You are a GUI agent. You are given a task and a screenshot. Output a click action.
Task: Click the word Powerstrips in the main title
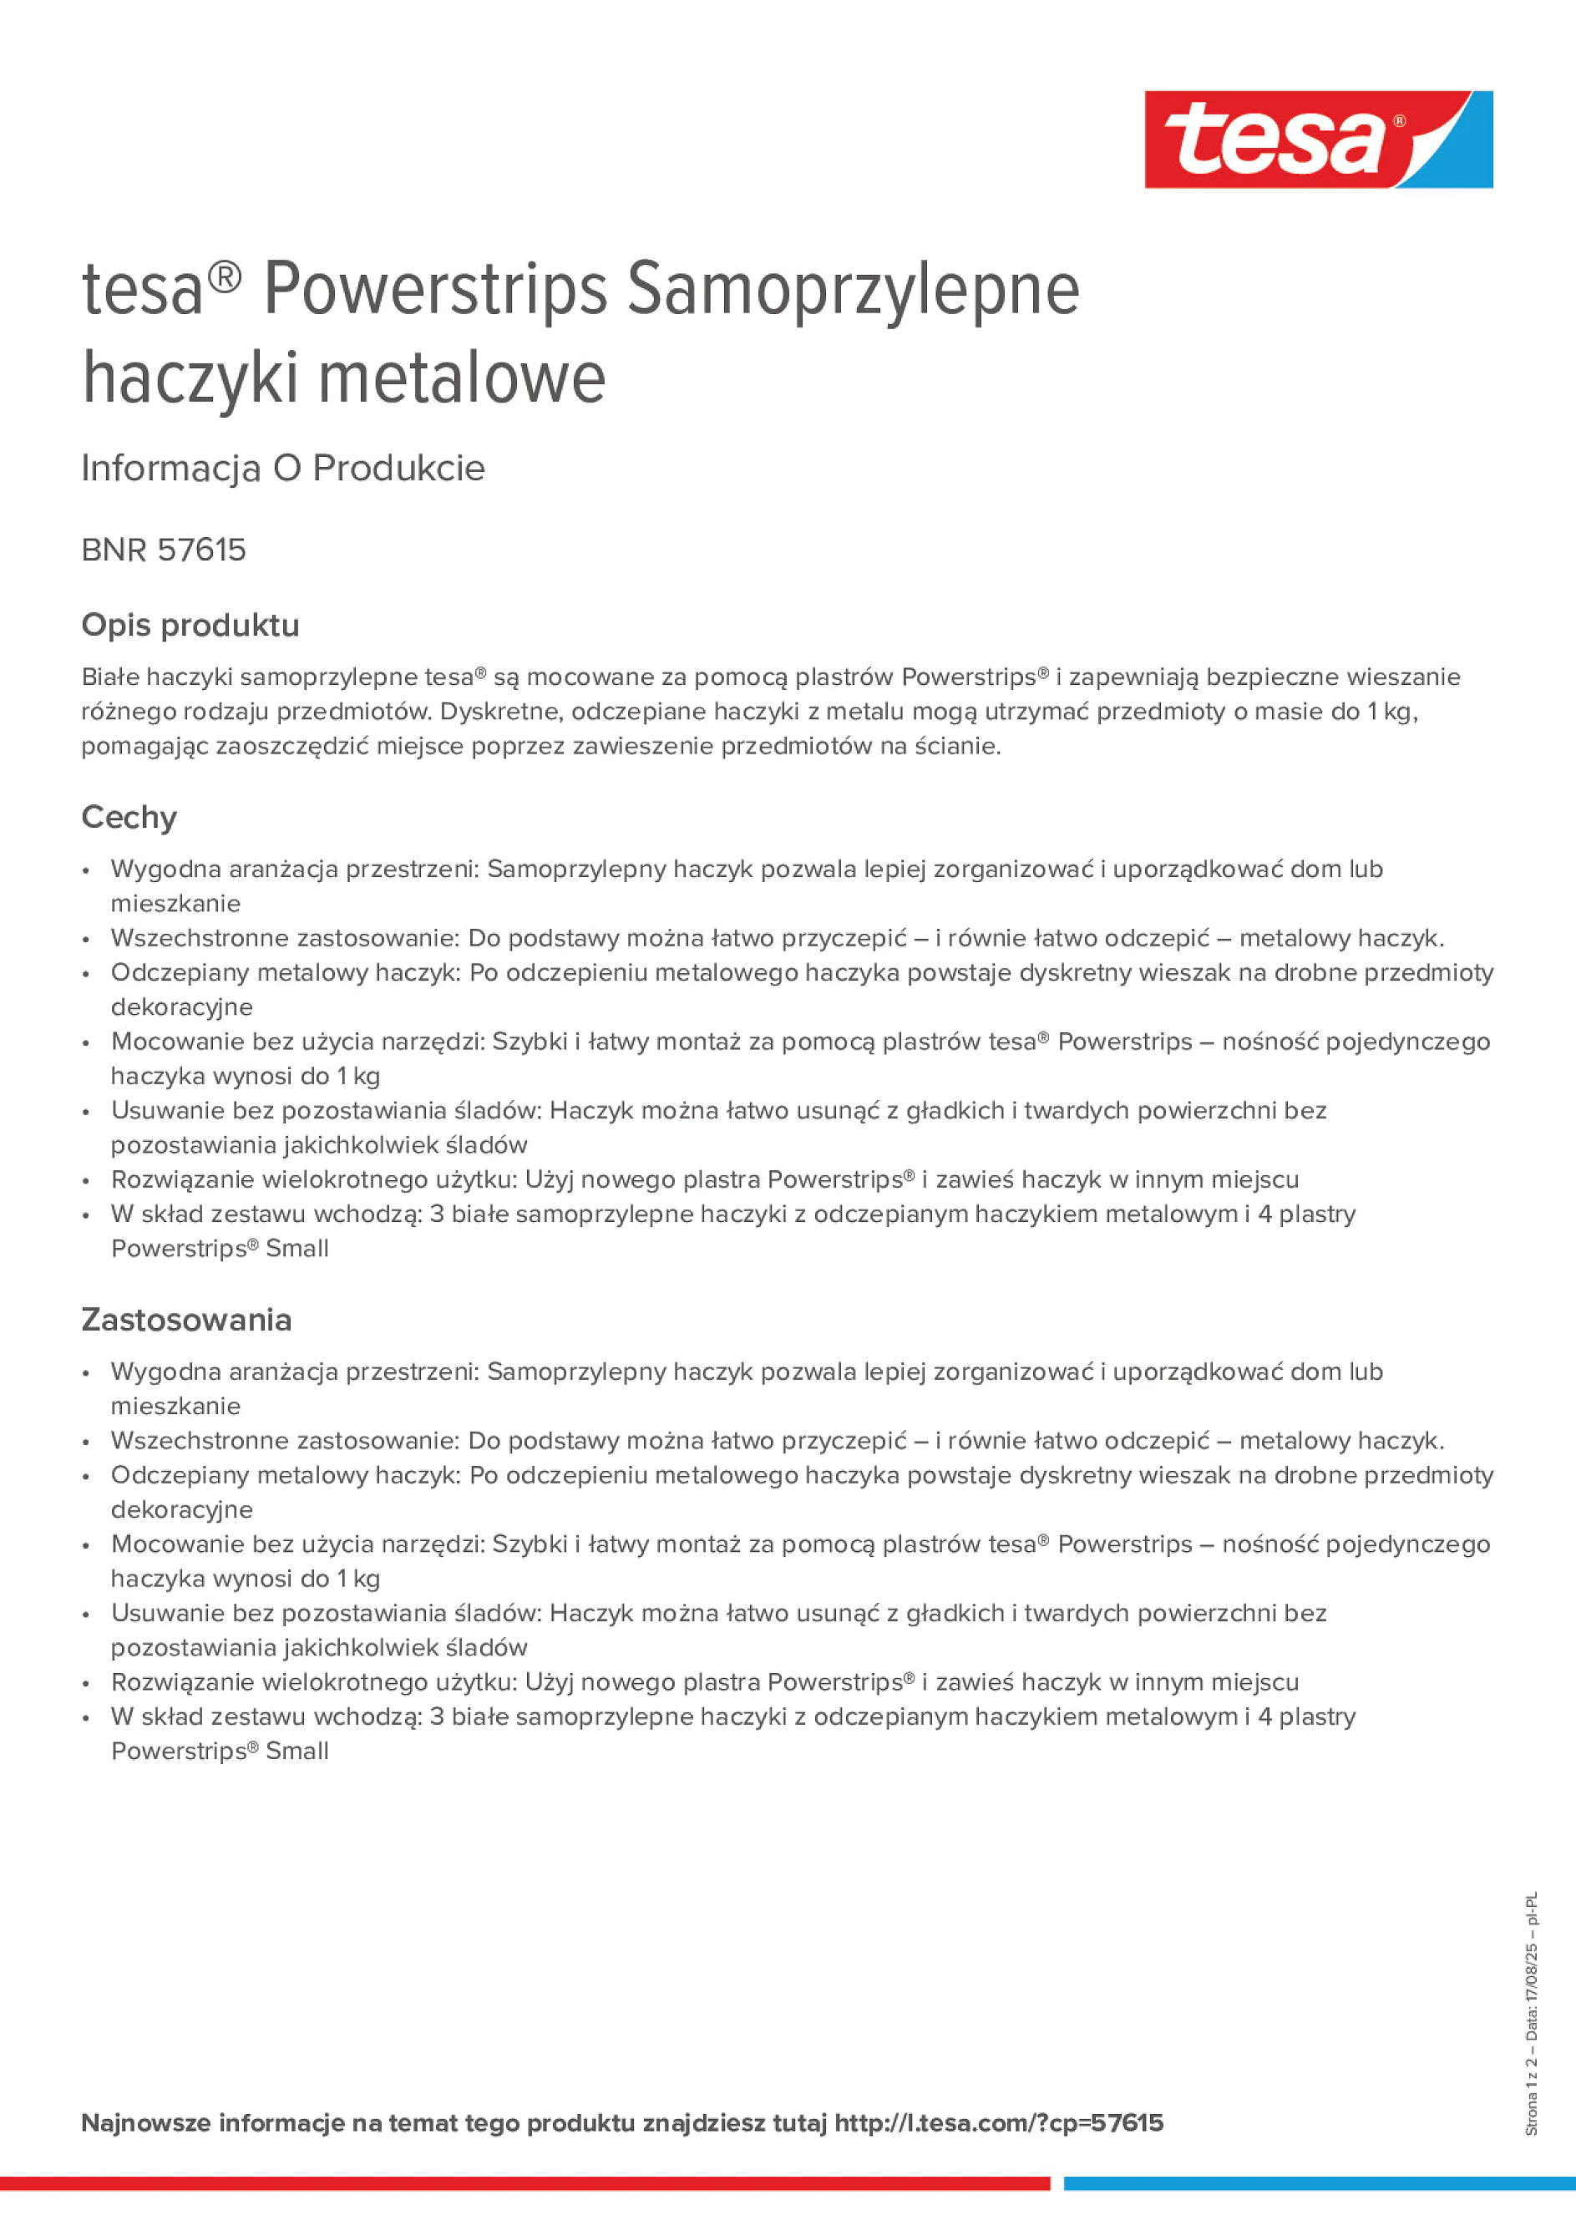click(434, 290)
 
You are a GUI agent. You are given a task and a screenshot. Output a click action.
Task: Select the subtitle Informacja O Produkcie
click(283, 469)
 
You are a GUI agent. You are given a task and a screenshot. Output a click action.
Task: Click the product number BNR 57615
click(163, 550)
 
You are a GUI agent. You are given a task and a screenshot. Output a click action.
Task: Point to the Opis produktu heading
click(190, 625)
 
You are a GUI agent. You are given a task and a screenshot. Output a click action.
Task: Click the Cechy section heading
click(129, 817)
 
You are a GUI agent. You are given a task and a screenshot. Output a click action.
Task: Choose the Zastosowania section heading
click(185, 1320)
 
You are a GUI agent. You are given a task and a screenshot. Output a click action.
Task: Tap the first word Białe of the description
click(112, 677)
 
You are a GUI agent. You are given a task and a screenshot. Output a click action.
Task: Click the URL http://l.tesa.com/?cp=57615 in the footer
click(998, 2122)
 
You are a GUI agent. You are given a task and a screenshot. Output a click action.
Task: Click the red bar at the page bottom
click(524, 2183)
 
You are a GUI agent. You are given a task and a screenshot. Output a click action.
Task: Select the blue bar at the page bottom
click(1320, 2183)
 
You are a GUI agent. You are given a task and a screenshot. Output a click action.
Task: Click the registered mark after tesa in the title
click(225, 279)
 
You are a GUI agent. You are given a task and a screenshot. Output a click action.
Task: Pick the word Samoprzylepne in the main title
click(852, 290)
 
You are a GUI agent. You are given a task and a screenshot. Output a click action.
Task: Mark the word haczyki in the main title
click(190, 378)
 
